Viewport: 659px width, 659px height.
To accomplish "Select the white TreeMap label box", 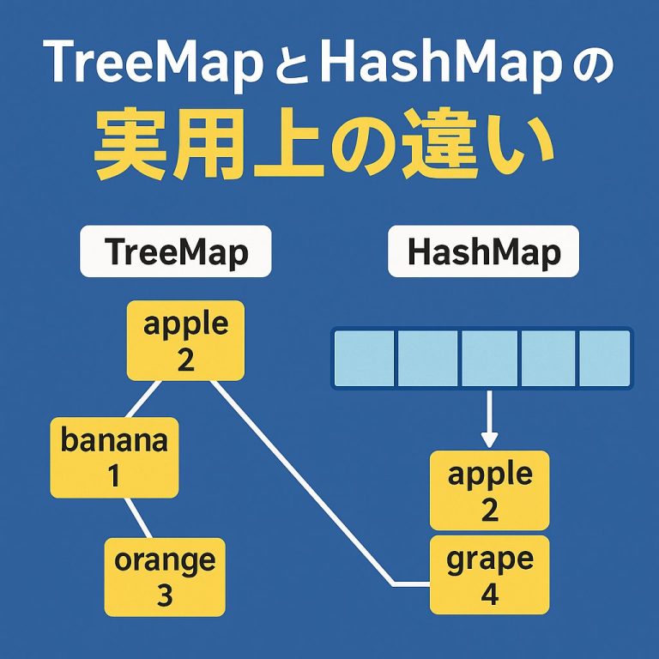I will (175, 251).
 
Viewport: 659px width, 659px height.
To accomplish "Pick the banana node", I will (114, 457).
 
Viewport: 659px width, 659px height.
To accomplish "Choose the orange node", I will (165, 577).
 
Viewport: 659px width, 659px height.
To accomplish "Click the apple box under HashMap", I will (489, 490).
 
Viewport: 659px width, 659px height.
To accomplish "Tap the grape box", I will (489, 575).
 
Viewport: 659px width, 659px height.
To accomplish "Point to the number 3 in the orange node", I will (165, 595).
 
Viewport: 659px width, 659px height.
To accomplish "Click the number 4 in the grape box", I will (489, 594).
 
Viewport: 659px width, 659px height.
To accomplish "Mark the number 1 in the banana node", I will (114, 475).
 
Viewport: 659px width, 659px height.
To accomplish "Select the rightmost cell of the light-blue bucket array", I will (604, 358).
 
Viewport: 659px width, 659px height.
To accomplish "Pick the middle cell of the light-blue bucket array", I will (488, 358).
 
